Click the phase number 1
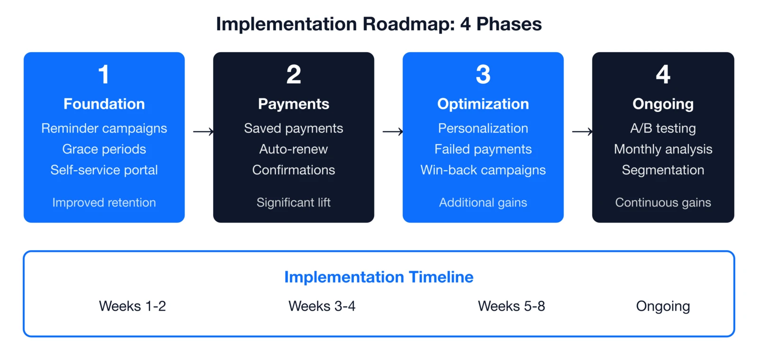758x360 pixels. (x=104, y=74)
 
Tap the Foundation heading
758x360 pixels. (x=104, y=104)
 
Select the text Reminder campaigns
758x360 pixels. (x=104, y=128)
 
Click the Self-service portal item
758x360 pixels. (x=104, y=170)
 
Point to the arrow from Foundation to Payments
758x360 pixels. (x=203, y=132)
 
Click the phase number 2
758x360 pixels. (x=294, y=74)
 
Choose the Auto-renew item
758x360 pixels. (x=294, y=149)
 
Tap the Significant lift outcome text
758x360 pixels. (x=294, y=203)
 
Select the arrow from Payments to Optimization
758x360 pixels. (x=393, y=132)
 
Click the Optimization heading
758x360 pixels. (x=483, y=104)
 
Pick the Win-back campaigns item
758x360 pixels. (x=483, y=170)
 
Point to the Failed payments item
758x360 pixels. (x=483, y=149)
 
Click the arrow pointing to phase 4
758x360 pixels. (x=582, y=132)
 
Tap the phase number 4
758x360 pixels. (x=663, y=74)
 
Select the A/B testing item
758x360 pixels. (x=663, y=128)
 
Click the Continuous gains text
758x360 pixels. (x=663, y=203)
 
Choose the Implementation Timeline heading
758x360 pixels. (x=379, y=277)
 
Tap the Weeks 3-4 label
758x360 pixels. (x=322, y=306)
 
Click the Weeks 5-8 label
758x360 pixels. (x=512, y=306)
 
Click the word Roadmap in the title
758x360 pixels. (x=408, y=24)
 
